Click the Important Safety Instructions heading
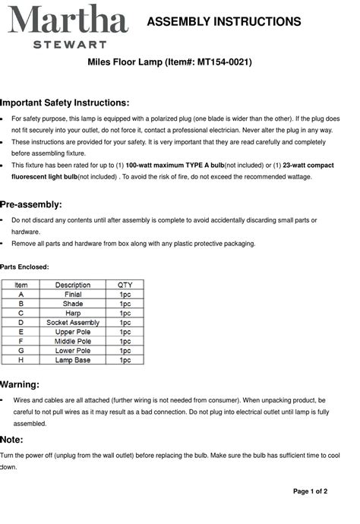pos(65,103)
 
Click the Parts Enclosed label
pos(24,267)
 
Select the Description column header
pos(73,286)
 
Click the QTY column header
pos(125,286)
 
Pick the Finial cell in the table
pos(73,294)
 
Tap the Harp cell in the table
pos(73,313)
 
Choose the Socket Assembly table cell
pos(73,323)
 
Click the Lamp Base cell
pos(73,360)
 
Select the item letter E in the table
pos(21,332)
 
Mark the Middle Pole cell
pos(73,341)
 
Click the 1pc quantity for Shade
pos(125,304)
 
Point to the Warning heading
pos(21,384)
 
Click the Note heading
pos(12,440)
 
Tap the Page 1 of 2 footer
pos(310,491)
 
